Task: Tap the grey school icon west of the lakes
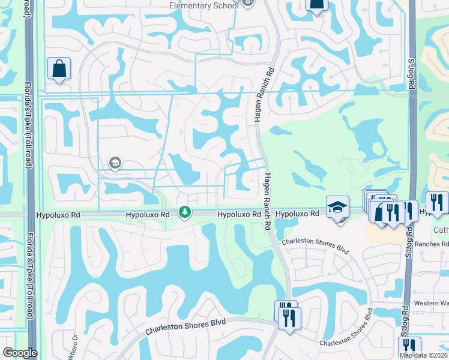[x=115, y=163]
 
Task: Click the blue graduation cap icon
[x=337, y=207]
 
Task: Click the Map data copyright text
[x=424, y=355]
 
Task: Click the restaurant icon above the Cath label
[x=437, y=203]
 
